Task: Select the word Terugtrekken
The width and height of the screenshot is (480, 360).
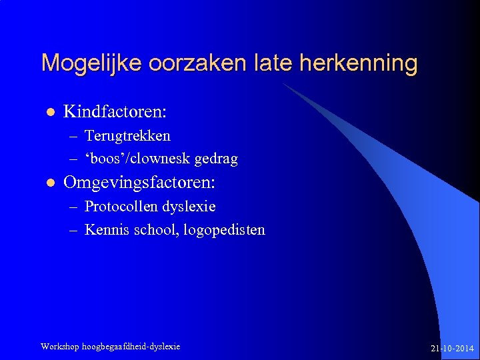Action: click(127, 136)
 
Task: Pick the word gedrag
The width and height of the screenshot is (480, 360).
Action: click(216, 159)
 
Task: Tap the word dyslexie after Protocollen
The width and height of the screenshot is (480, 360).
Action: click(192, 207)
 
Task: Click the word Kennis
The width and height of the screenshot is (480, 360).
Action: click(105, 230)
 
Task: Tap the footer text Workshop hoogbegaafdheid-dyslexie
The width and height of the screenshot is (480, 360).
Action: click(110, 347)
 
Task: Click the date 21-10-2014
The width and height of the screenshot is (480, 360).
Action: click(453, 348)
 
